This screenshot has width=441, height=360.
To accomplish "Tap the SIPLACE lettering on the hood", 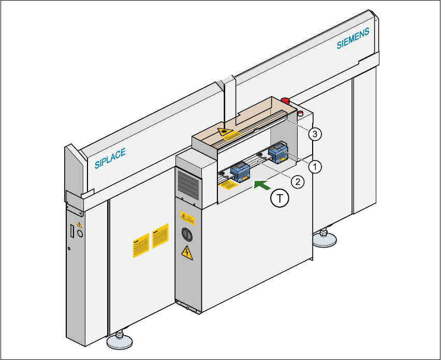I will [110, 158].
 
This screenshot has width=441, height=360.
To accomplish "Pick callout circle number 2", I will [296, 181].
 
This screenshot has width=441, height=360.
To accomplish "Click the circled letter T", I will [280, 198].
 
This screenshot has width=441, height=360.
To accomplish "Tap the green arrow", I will [263, 183].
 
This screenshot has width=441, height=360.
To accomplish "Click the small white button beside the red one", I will [300, 112].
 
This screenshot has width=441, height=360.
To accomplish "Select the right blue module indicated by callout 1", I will [278, 153].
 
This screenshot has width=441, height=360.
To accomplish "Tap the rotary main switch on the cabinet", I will [186, 234].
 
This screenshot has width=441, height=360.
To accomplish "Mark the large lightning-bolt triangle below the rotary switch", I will [186, 253].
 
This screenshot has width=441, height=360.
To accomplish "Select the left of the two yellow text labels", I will [141, 243].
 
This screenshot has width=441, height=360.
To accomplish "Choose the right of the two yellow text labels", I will [160, 235].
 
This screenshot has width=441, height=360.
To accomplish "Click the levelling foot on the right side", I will [324, 239].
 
